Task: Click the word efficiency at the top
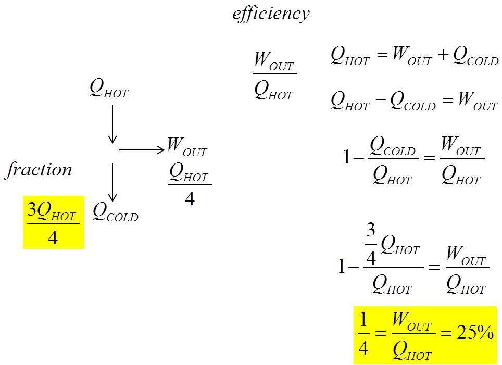click(271, 13)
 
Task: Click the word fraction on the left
click(39, 170)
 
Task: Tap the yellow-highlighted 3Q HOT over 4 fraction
click(53, 222)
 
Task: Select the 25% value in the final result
click(474, 333)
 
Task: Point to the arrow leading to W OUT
click(142, 150)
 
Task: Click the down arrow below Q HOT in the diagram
click(112, 124)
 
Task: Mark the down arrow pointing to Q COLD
click(112, 182)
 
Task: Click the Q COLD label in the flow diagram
click(115, 212)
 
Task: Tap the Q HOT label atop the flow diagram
click(109, 88)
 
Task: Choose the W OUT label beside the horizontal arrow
click(186, 146)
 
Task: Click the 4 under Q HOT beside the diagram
click(190, 198)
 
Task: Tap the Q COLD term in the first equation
click(475, 56)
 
